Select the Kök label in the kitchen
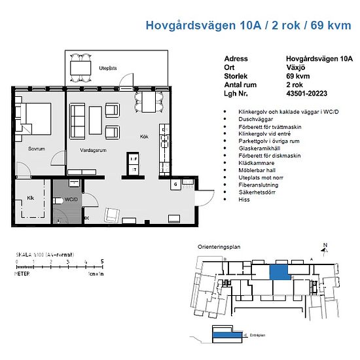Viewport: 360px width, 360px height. [145, 137]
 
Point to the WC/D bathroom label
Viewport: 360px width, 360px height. [71, 199]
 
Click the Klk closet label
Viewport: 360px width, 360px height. [29, 197]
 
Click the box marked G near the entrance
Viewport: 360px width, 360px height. [175, 185]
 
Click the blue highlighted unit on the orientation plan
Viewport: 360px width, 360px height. [280, 272]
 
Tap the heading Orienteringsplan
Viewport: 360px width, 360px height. [219, 248]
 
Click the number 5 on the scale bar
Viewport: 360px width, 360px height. [101, 261]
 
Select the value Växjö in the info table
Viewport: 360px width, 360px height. [297, 67]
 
